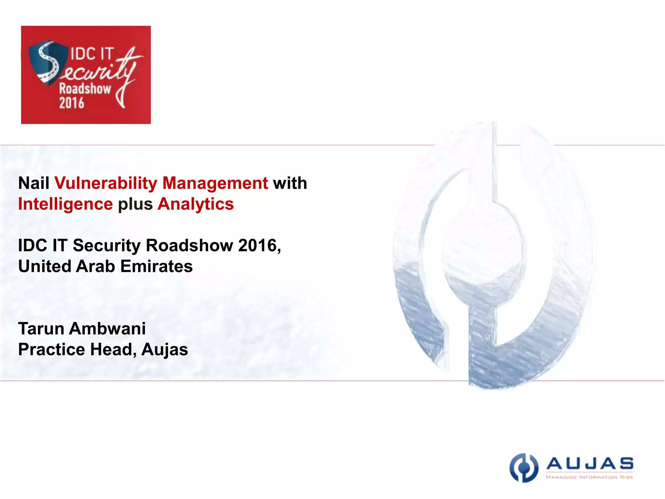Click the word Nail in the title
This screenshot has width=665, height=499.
33,183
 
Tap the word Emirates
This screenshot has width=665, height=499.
157,266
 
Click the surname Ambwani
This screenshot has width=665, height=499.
107,329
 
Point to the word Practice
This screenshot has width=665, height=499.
52,350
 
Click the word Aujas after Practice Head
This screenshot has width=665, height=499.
165,350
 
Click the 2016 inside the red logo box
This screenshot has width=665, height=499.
71,103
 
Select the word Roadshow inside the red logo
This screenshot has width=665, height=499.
85,89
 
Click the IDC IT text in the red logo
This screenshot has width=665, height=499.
92,54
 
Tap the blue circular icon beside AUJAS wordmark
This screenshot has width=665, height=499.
523,468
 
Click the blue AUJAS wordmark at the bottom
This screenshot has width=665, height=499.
590,464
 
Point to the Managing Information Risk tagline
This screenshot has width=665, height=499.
589,477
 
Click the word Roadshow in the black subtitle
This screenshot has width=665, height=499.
189,246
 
